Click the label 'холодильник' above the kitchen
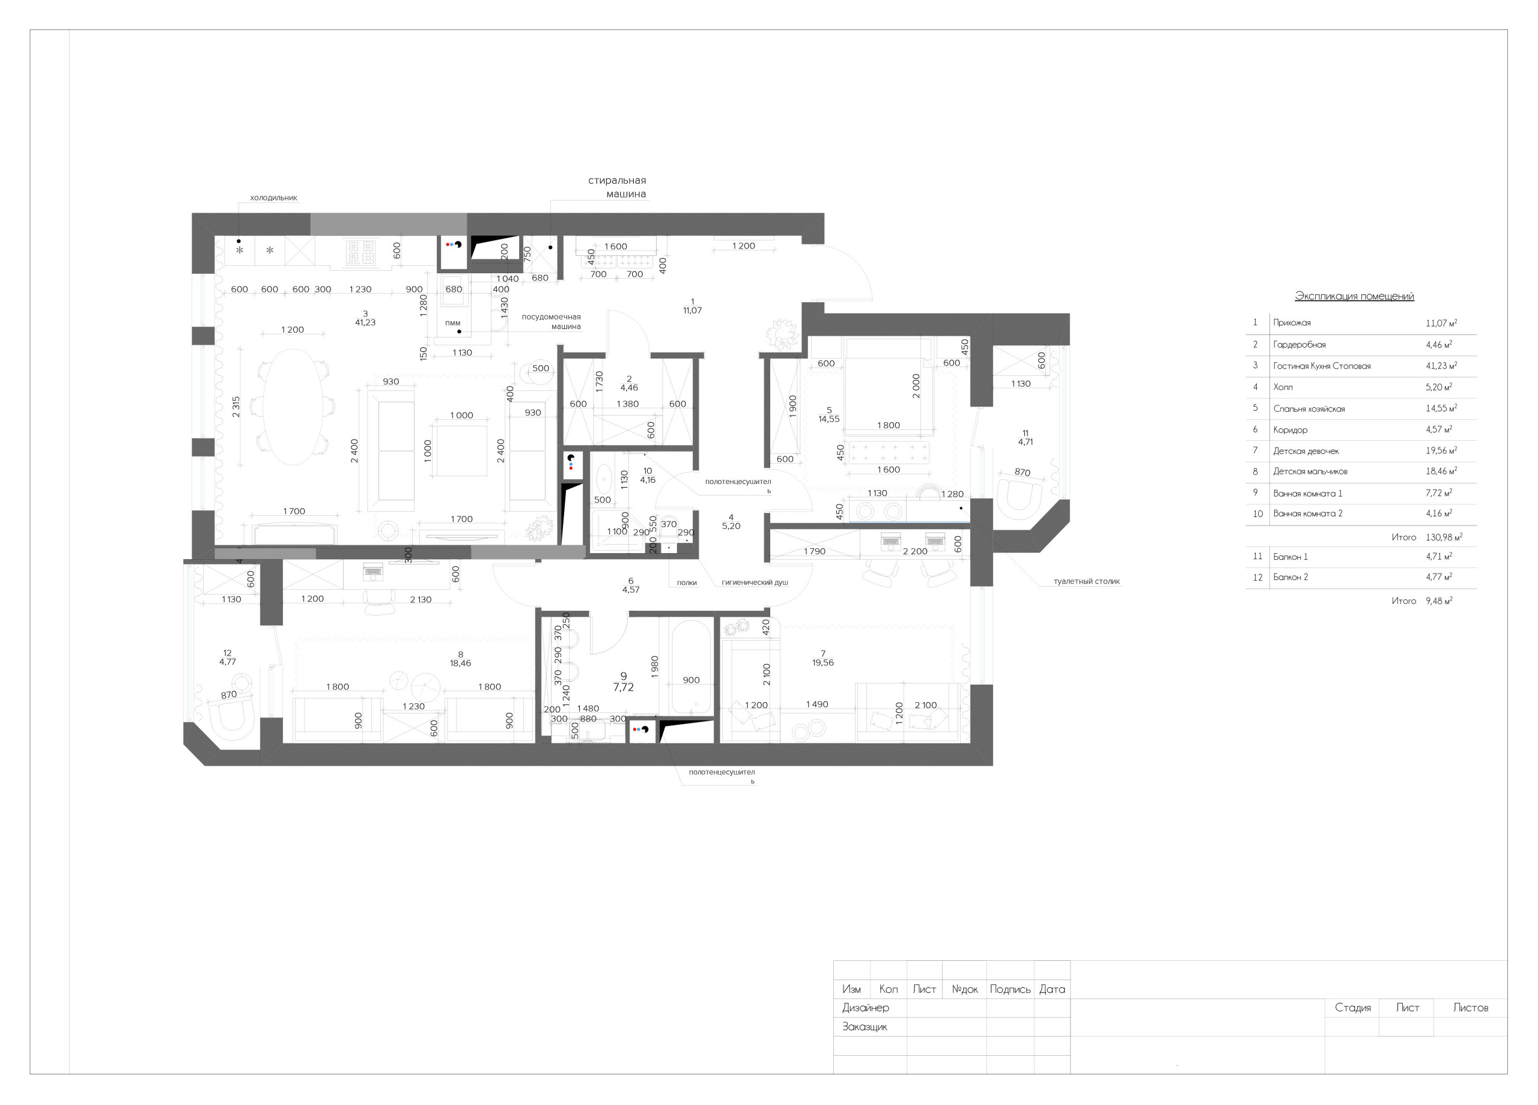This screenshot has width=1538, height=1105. click(273, 198)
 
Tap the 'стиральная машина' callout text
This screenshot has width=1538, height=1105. click(616, 187)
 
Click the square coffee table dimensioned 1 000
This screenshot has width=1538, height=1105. click(461, 451)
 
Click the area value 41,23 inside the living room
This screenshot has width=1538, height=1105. click(365, 322)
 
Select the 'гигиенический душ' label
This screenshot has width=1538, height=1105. click(754, 583)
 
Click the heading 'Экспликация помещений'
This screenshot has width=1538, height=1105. click(1354, 296)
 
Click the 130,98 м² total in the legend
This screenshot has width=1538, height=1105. click(1443, 537)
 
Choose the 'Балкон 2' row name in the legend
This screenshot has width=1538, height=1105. click(1290, 578)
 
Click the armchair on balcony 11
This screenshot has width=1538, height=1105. click(1023, 495)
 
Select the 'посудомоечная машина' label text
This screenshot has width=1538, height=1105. click(551, 321)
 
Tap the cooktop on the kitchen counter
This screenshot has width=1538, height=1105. click(360, 253)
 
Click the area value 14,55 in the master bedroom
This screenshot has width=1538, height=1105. click(828, 419)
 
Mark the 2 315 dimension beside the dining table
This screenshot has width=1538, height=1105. click(236, 406)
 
